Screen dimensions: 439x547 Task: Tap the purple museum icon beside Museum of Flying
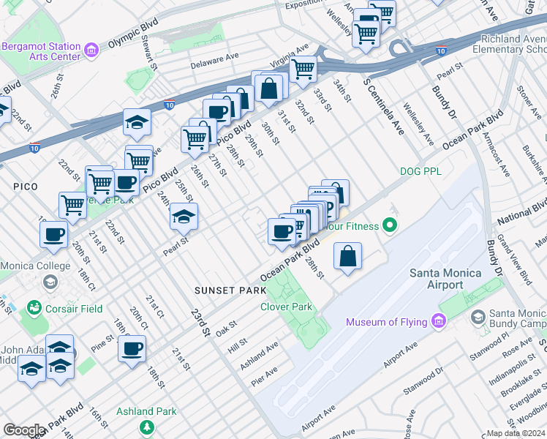click(437, 321)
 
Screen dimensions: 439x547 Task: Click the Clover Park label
click(287, 307)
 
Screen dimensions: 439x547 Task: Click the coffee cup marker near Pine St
click(132, 349)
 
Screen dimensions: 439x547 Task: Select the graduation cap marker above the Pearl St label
click(184, 217)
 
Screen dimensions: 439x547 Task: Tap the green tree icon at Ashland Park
click(147, 427)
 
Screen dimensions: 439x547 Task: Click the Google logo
click(23, 430)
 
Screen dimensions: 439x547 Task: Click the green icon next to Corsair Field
click(34, 309)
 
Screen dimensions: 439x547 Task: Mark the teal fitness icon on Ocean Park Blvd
click(391, 226)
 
